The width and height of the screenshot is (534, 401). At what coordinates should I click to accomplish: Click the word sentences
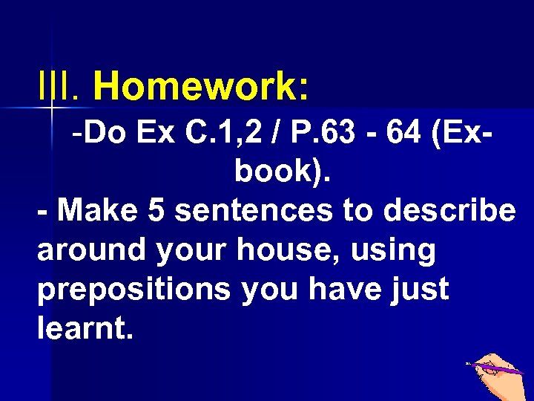coord(254,211)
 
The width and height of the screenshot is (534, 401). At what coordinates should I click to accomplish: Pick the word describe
coord(449,211)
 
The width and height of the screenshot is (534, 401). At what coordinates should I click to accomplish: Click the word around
coord(92,250)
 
